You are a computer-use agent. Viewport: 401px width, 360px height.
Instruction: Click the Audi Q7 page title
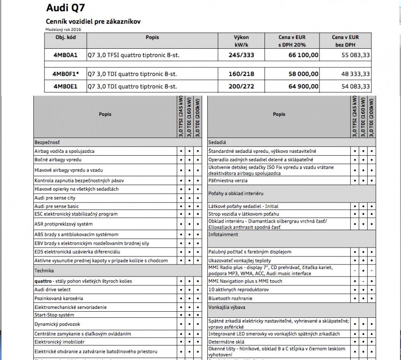pos(66,8)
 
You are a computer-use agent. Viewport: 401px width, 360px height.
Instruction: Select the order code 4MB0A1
pos(62,55)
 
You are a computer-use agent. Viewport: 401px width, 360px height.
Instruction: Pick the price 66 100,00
pos(303,55)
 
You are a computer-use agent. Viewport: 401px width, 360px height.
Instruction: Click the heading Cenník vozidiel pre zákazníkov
pos(93,22)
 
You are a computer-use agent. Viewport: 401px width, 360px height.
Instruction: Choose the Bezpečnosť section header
pos(47,142)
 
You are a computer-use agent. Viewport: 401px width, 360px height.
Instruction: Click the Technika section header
pos(44,270)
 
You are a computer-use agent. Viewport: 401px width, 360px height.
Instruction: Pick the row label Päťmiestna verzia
pos(230,180)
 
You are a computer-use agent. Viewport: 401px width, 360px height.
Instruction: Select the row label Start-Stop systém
pos(54,315)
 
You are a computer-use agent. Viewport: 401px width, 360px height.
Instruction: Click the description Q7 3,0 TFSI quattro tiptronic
pos(134,55)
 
